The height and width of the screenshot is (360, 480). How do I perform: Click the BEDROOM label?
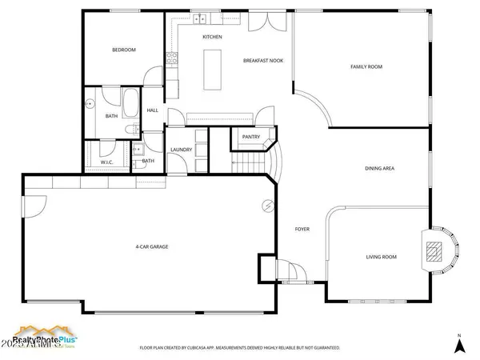click(x=123, y=50)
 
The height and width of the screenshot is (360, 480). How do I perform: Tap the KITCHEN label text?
click(x=212, y=38)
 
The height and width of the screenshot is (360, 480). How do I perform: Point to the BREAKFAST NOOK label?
click(x=262, y=61)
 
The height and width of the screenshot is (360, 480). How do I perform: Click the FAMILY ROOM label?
click(x=365, y=66)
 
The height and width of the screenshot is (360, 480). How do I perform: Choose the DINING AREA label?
click(x=380, y=168)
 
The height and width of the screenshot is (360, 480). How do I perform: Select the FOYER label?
click(x=302, y=230)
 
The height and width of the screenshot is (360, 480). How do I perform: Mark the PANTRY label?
click(x=251, y=137)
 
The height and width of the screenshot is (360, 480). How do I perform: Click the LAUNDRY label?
click(x=181, y=150)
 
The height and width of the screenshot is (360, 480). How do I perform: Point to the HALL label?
click(x=152, y=110)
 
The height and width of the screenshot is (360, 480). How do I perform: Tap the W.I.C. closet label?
click(x=107, y=162)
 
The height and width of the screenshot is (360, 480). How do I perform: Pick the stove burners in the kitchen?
click(x=170, y=58)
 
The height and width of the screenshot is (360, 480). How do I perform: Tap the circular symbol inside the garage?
click(x=267, y=206)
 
